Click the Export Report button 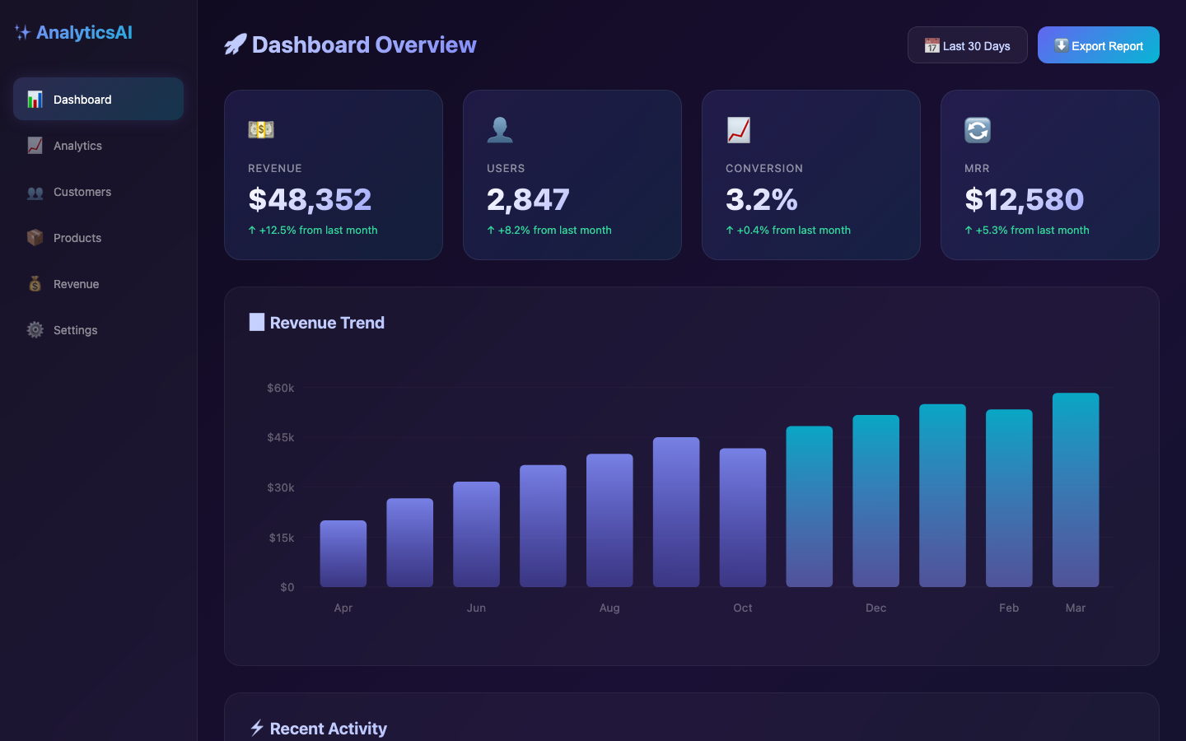[x=1098, y=45]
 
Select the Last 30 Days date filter [x=967, y=45]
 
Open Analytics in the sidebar [x=77, y=146]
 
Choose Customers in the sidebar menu [x=82, y=192]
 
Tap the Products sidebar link [x=77, y=238]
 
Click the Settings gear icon [x=35, y=330]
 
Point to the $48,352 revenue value [x=310, y=199]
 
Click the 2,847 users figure [x=528, y=199]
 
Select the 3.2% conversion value [x=761, y=199]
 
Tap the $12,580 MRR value [x=1024, y=199]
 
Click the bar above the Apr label [x=343, y=553]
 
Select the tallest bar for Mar [x=1076, y=490]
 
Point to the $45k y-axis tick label [x=280, y=437]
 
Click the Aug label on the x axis [x=609, y=608]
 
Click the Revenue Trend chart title [x=327, y=323]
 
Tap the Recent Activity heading [x=328, y=729]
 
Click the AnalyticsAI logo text [x=84, y=32]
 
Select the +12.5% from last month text [x=318, y=231]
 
